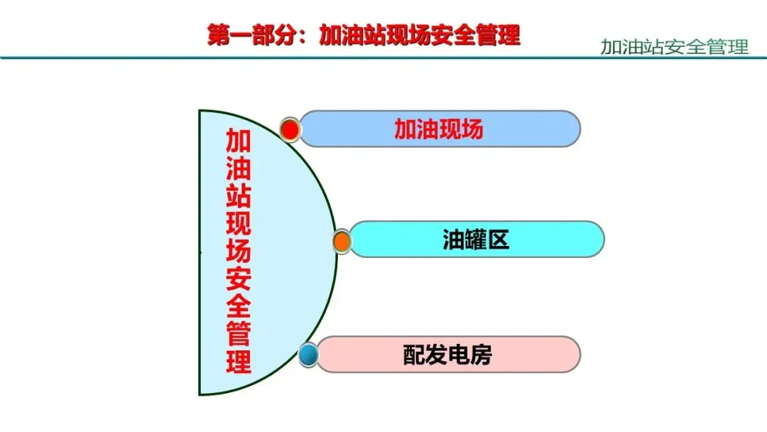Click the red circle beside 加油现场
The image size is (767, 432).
coord(290,129)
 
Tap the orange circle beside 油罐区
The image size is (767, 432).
coord(342,241)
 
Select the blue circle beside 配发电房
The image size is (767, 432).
coord(308,355)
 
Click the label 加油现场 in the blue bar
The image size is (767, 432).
coord(439,129)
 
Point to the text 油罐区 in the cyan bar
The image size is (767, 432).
coord(476,240)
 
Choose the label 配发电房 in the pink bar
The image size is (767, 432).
coord(447,355)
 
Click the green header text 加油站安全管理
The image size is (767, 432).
coord(674,48)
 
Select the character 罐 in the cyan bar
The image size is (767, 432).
coord(476,240)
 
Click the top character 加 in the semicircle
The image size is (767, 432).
coord(239,141)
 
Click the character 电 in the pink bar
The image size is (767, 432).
coord(459,355)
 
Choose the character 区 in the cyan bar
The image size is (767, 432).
coord(498,240)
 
